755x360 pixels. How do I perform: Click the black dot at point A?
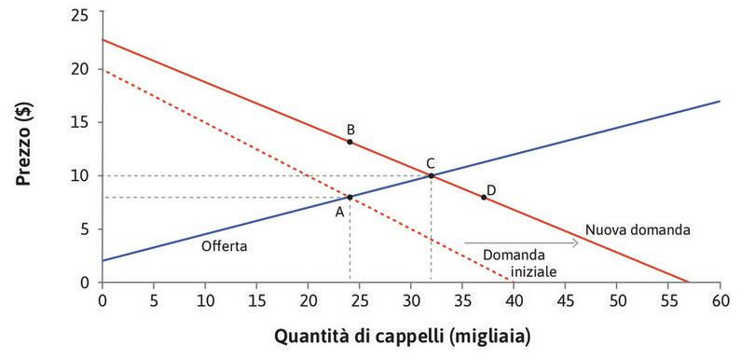pyautogui.click(x=350, y=197)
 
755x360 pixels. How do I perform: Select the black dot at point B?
pyautogui.click(x=350, y=142)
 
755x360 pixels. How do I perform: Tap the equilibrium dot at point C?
pyautogui.click(x=431, y=175)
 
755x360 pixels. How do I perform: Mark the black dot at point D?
pyautogui.click(x=483, y=197)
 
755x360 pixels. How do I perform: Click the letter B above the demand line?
pyautogui.click(x=350, y=129)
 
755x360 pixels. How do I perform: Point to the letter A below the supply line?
pyautogui.click(x=340, y=212)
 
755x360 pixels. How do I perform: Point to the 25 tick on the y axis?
pyautogui.click(x=86, y=15)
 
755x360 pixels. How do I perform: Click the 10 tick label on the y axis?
pyautogui.click(x=86, y=175)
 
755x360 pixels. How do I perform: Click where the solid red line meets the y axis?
pyautogui.click(x=102, y=40)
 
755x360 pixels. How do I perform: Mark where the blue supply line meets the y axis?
pyautogui.click(x=102, y=260)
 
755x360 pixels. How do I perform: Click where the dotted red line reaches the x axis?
pyautogui.click(x=511, y=281)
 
